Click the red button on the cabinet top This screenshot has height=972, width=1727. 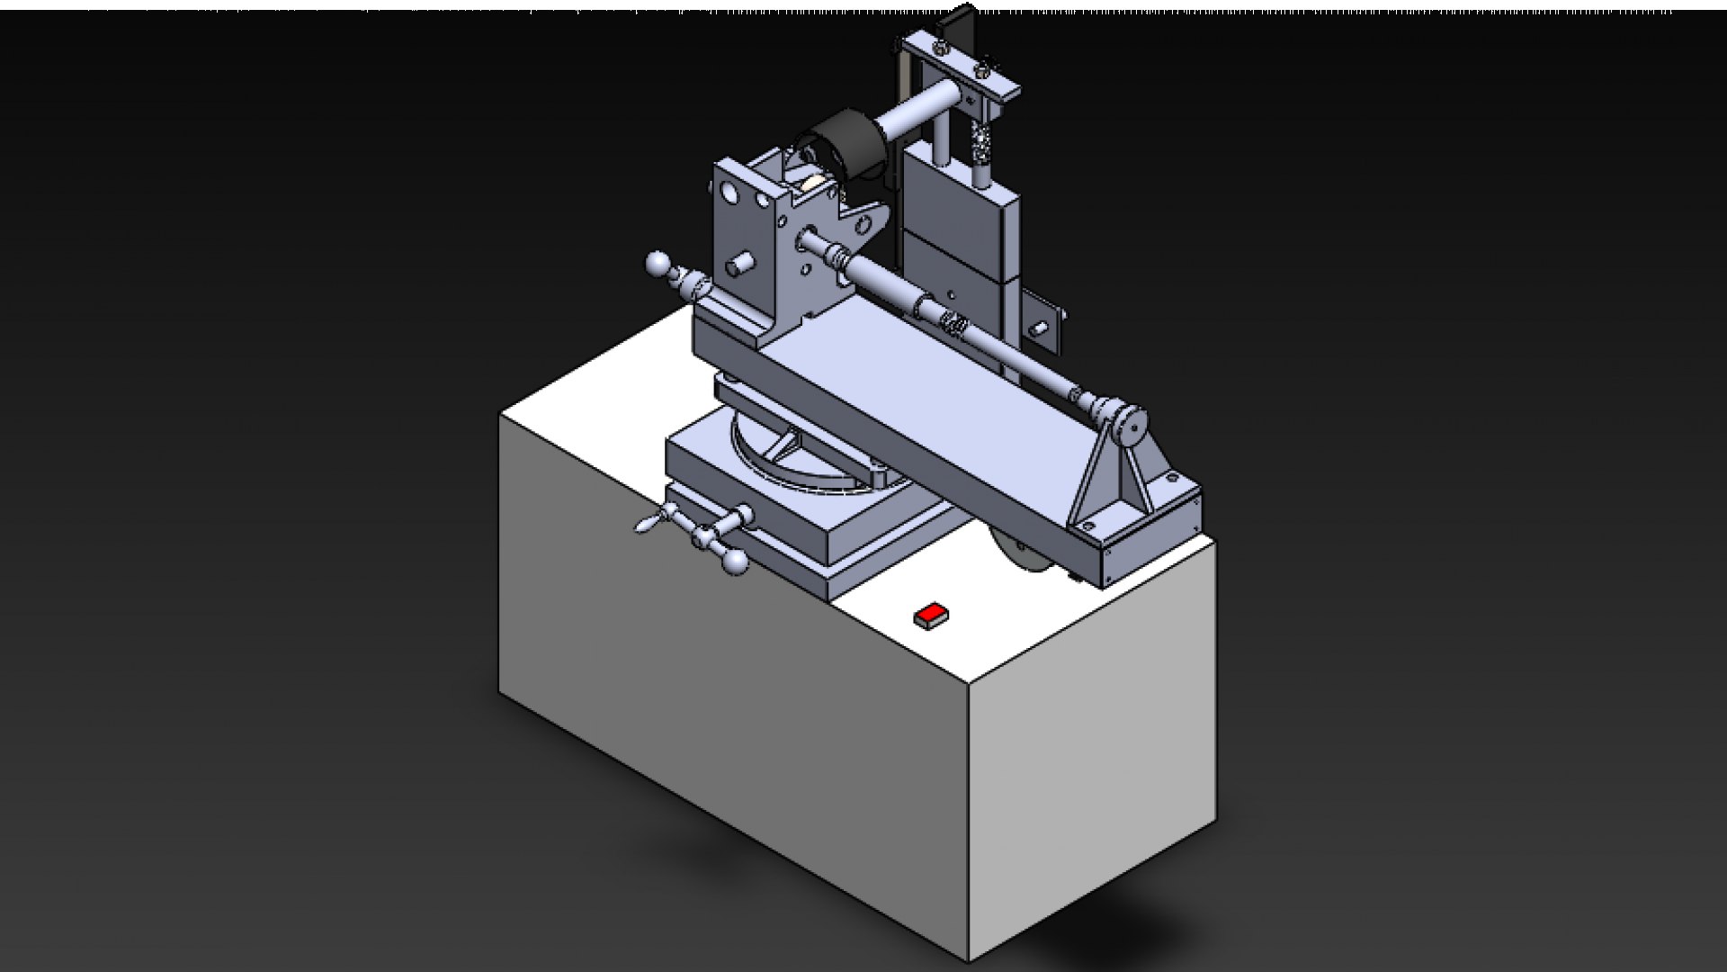[x=932, y=615]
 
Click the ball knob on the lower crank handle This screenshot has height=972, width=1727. [x=735, y=562]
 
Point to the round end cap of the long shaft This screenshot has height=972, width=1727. [x=1132, y=423]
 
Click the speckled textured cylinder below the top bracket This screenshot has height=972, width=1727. [x=980, y=144]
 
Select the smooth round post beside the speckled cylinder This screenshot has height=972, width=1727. [x=939, y=135]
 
